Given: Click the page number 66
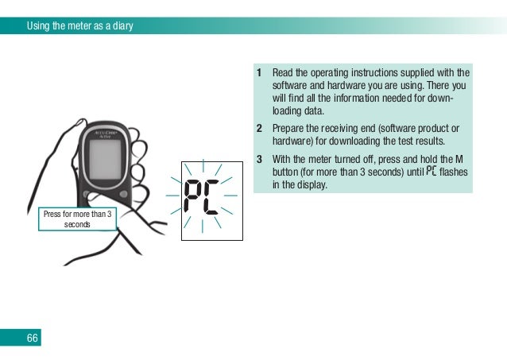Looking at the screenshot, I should pos(32,339).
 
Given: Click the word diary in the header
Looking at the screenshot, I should pos(121,25).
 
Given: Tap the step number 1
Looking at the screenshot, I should pos(259,73).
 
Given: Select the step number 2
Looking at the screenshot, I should pos(259,128).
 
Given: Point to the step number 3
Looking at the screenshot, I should pos(259,158).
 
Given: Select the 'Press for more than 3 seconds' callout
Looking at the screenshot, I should pos(78,218).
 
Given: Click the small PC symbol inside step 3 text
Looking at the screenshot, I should pos(432,171).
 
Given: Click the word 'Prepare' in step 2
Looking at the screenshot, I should pos(289,128).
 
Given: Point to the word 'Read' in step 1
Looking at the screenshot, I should pos(284,73).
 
